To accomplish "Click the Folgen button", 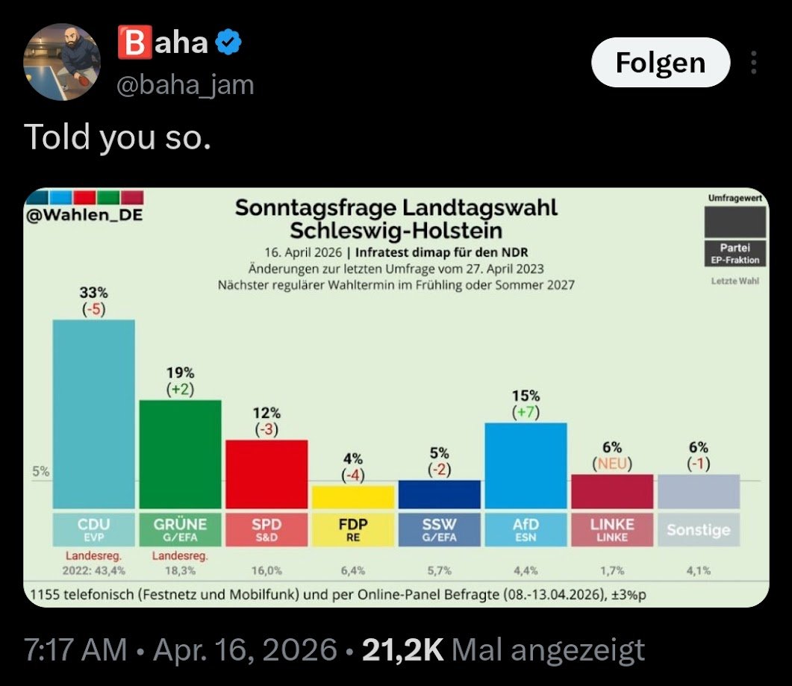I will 660,63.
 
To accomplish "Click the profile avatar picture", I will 62,61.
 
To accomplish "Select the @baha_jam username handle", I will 185,85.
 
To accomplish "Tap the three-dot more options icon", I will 754,63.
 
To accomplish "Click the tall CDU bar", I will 93,414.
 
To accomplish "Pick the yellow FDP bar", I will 352,496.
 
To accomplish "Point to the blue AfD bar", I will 526,465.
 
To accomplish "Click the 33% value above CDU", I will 93,292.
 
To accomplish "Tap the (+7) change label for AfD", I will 526,412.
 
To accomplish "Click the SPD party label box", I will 266,528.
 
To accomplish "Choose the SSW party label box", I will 439,528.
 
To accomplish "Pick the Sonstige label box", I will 698,530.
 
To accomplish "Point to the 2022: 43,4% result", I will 94,570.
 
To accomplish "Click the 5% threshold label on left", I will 40,472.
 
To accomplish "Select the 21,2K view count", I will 402,650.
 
